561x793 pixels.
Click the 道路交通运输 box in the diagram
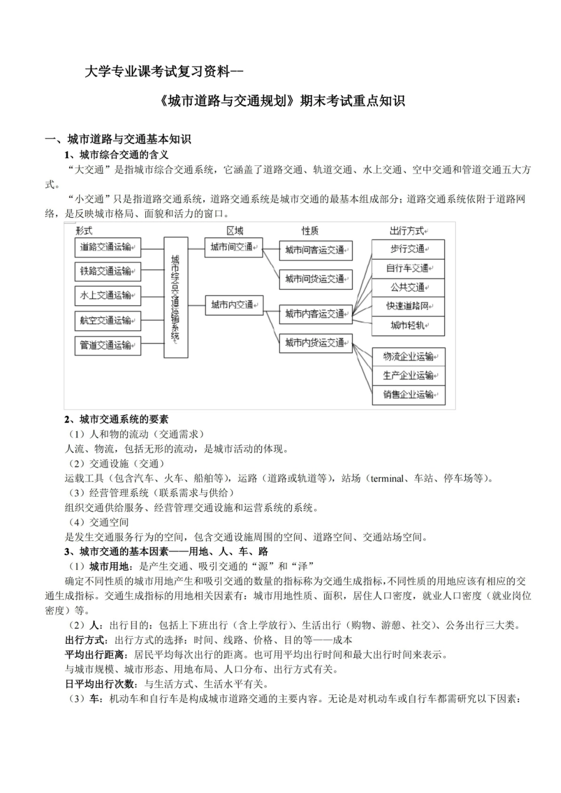(108, 247)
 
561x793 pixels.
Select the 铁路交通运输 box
(108, 271)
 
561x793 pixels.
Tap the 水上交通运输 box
(108, 296)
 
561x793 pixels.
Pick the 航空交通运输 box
(108, 320)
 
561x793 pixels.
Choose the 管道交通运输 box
(108, 345)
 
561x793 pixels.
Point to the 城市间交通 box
(234, 247)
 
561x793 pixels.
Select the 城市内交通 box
(234, 304)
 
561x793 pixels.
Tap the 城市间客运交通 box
(316, 250)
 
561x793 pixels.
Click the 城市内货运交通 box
(316, 343)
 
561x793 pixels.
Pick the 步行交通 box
(408, 249)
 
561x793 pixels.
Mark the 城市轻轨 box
(408, 325)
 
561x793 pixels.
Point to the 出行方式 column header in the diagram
(407, 231)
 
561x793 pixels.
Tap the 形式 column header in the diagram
(84, 231)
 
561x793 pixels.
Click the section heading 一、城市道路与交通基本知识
(118, 140)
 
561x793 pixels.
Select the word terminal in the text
(387, 479)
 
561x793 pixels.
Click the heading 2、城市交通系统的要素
(116, 420)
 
